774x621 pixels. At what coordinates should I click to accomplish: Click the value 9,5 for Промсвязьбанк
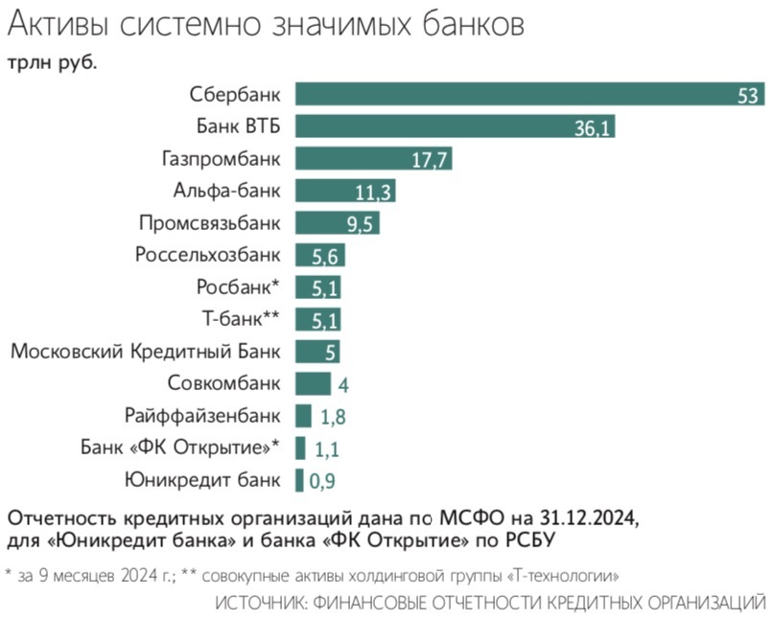(x=361, y=224)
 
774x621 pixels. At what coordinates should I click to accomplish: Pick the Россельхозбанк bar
(x=319, y=255)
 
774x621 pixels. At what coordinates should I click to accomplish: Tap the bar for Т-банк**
(x=317, y=319)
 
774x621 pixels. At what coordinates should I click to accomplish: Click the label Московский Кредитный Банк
(x=146, y=352)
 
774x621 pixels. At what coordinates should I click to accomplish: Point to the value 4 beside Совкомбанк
(x=341, y=384)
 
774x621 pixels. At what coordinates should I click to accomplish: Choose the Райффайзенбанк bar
(x=303, y=416)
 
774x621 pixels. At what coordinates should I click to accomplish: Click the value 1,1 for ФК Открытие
(x=327, y=448)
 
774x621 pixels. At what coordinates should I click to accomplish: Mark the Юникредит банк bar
(x=299, y=480)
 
